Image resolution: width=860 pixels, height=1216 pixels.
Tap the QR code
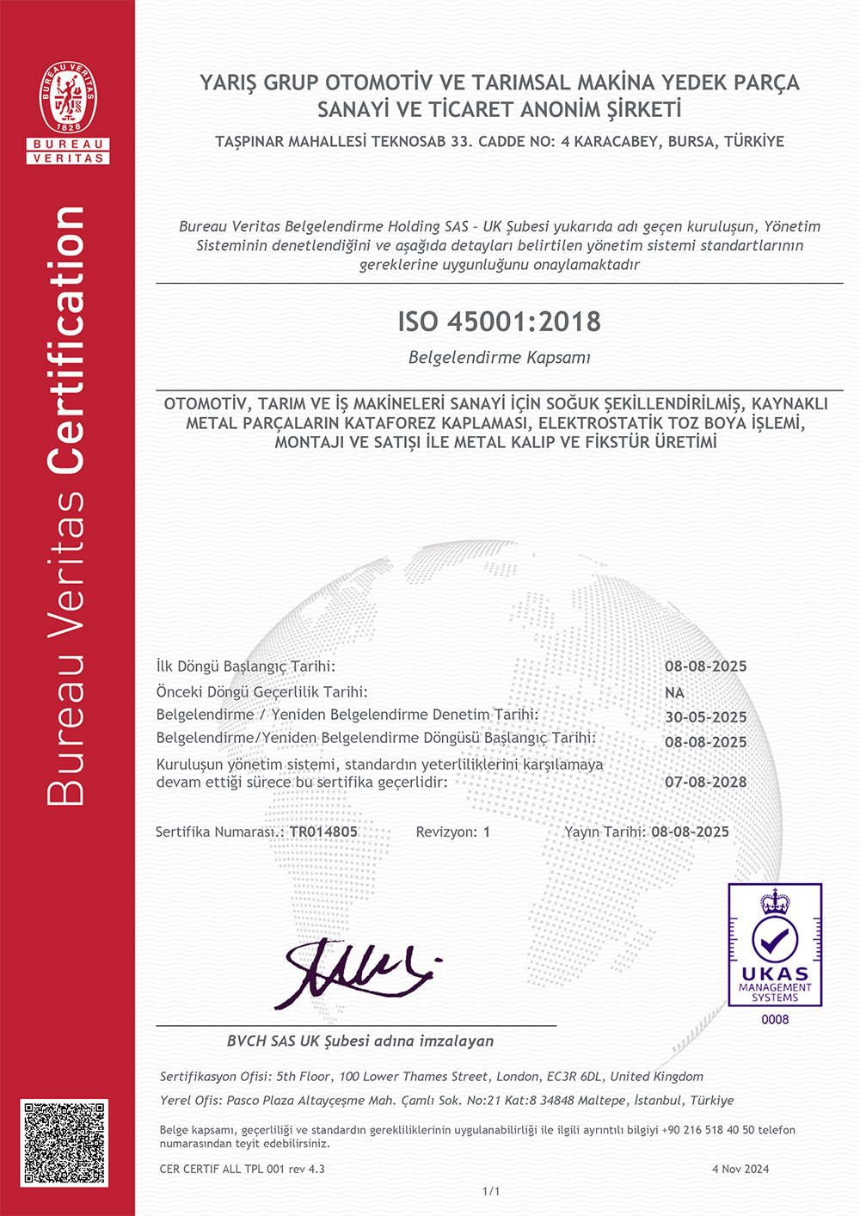65,1143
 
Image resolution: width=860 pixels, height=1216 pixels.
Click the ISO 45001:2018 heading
499,322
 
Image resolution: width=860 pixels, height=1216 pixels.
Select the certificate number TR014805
323,832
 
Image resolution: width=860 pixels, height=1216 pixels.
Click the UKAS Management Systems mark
775,945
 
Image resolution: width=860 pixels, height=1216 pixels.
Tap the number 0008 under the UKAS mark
775,1020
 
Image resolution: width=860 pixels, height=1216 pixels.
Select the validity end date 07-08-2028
705,782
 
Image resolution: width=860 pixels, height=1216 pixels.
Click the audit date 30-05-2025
705,717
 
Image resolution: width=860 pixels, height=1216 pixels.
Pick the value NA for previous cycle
674,692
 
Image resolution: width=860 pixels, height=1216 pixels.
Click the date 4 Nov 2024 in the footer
740,1169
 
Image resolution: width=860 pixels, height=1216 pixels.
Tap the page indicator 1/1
491,1191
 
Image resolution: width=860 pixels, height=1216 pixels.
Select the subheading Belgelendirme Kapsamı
499,358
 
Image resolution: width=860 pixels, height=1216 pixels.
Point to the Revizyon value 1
487,832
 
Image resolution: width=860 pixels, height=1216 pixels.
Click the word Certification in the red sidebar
67,340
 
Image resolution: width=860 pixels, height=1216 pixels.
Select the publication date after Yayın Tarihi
690,832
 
